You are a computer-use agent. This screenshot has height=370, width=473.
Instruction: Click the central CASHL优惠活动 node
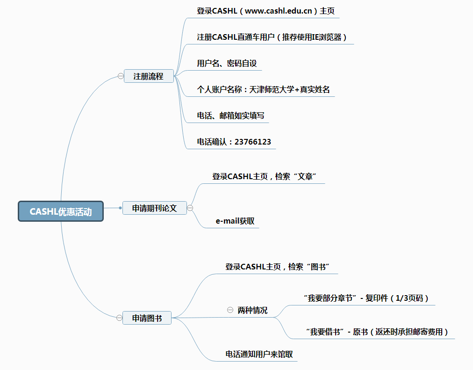pyautogui.click(x=61, y=211)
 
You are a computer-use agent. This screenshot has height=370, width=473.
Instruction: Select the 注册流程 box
pyautogui.click(x=149, y=76)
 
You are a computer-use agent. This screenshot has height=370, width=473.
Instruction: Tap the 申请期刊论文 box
pyautogui.click(x=154, y=208)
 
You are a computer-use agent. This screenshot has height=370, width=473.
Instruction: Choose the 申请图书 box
pyautogui.click(x=147, y=318)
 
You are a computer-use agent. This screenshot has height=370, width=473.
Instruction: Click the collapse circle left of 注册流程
pyautogui.click(x=121, y=76)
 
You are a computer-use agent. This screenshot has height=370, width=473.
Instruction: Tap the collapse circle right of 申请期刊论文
pyautogui.click(x=190, y=208)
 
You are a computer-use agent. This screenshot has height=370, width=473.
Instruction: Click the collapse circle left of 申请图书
pyautogui.click(x=119, y=318)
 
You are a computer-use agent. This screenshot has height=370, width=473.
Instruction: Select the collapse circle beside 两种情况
pyautogui.click(x=230, y=310)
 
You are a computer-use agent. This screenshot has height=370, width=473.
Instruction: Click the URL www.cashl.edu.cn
pyautogui.click(x=278, y=11)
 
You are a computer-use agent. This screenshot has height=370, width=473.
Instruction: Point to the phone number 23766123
pyautogui.click(x=253, y=142)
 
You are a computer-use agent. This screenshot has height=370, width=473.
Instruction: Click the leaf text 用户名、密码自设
pyautogui.click(x=227, y=63)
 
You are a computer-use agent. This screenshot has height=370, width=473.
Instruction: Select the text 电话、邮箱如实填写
pyautogui.click(x=230, y=116)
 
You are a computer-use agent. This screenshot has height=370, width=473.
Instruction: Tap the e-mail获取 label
pyautogui.click(x=235, y=221)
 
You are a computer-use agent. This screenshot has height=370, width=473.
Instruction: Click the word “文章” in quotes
pyautogui.click(x=305, y=176)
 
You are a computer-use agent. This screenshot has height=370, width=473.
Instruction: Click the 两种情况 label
pyautogui.click(x=252, y=310)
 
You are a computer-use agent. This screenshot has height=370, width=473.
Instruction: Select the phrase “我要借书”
pyautogui.click(x=325, y=332)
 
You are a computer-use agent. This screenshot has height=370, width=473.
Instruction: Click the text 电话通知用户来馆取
pyautogui.click(x=259, y=354)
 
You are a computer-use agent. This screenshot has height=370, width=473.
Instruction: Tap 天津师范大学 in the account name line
pyautogui.click(x=272, y=90)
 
